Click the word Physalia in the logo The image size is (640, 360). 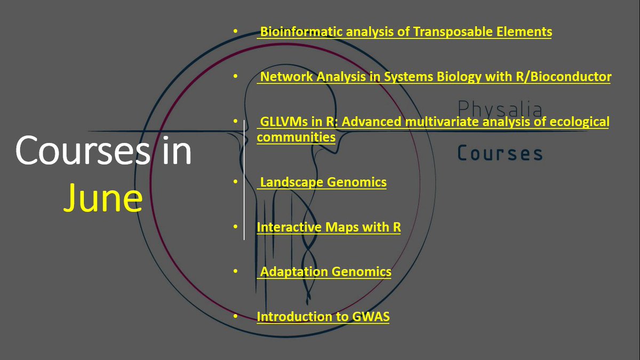coord(500,109)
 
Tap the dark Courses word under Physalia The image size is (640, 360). coord(500,154)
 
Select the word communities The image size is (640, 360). coord(296,138)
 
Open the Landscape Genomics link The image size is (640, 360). coord(323,182)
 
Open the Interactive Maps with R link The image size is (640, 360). coord(329,227)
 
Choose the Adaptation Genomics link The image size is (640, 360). coord(325,272)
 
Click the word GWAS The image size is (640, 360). coord(371,317)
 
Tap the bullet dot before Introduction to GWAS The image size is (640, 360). coord(235,317)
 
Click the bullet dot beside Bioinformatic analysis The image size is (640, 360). coord(235,32)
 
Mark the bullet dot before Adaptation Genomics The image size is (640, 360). coord(235,272)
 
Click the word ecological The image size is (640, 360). coord(575,122)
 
